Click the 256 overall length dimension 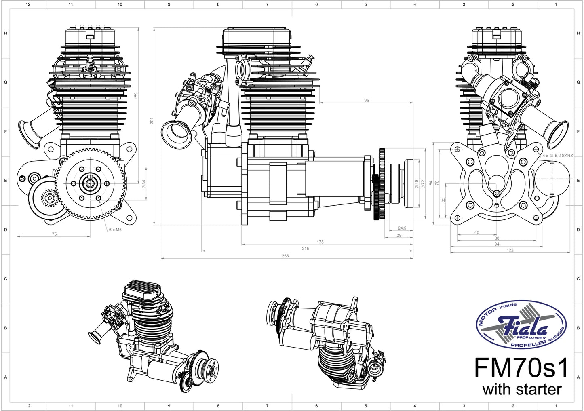[x=285, y=256]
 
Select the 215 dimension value [x=305, y=249]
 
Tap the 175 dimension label [x=320, y=242]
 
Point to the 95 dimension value [x=366, y=100]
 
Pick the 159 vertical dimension [x=136, y=95]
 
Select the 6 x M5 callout [x=115, y=230]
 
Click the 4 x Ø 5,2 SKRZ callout [x=557, y=156]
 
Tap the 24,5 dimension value [x=402, y=228]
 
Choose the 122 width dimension [x=510, y=250]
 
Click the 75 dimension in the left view [x=54, y=234]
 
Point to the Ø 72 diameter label [x=423, y=184]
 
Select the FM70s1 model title [x=521, y=368]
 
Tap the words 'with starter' [x=522, y=390]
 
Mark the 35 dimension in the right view [x=443, y=200]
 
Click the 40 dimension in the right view [x=476, y=232]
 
